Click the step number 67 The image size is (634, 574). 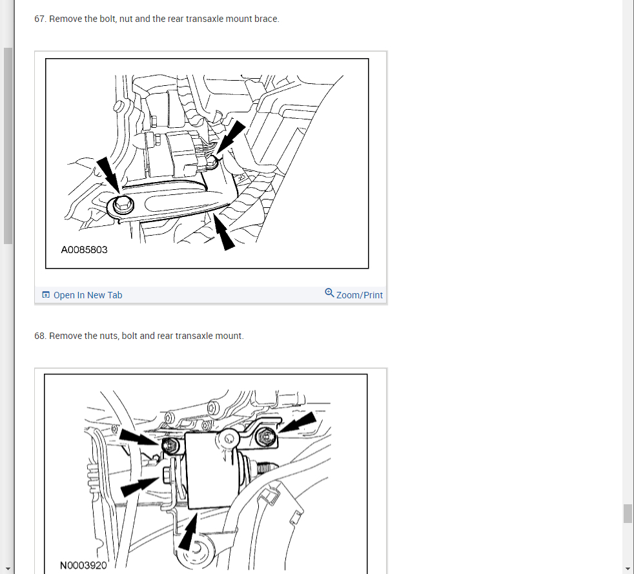pyautogui.click(x=40, y=19)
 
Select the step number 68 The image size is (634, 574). pyautogui.click(x=40, y=336)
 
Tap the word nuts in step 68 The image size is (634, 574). pyautogui.click(x=108, y=336)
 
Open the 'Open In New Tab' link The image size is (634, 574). pyautogui.click(x=88, y=295)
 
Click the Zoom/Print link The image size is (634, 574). pyautogui.click(x=360, y=295)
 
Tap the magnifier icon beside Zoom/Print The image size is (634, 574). pyautogui.click(x=329, y=292)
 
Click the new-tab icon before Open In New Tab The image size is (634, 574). pyautogui.click(x=46, y=294)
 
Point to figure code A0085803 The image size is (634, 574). pyautogui.click(x=84, y=250)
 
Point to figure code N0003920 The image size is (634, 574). pyautogui.click(x=83, y=565)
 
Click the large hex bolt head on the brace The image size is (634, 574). pyautogui.click(x=123, y=204)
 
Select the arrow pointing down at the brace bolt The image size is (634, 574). pyautogui.click(x=108, y=174)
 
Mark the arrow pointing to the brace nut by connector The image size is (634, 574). pyautogui.click(x=231, y=137)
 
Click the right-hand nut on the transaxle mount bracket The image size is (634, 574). pyautogui.click(x=266, y=437)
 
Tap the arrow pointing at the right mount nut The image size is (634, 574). pyautogui.click(x=298, y=422)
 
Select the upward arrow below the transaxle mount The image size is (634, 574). pyautogui.click(x=188, y=531)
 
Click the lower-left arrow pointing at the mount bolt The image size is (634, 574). pyautogui.click(x=140, y=487)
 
